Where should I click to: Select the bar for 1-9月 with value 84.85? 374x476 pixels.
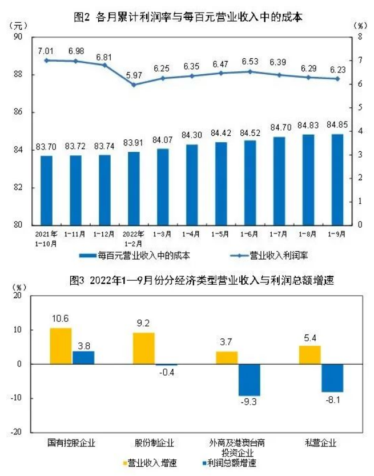coord(337,179)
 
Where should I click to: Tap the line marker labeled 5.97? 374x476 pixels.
coord(134,84)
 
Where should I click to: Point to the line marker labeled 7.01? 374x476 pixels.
coord(46,60)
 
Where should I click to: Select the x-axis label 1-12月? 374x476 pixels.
coord(104,234)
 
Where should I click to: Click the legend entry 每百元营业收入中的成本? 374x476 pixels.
coord(137,255)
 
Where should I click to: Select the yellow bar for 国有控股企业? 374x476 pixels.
coord(61,346)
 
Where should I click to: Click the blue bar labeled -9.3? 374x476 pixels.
coord(248,380)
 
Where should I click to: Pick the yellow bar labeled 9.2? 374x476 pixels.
coord(144,348)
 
